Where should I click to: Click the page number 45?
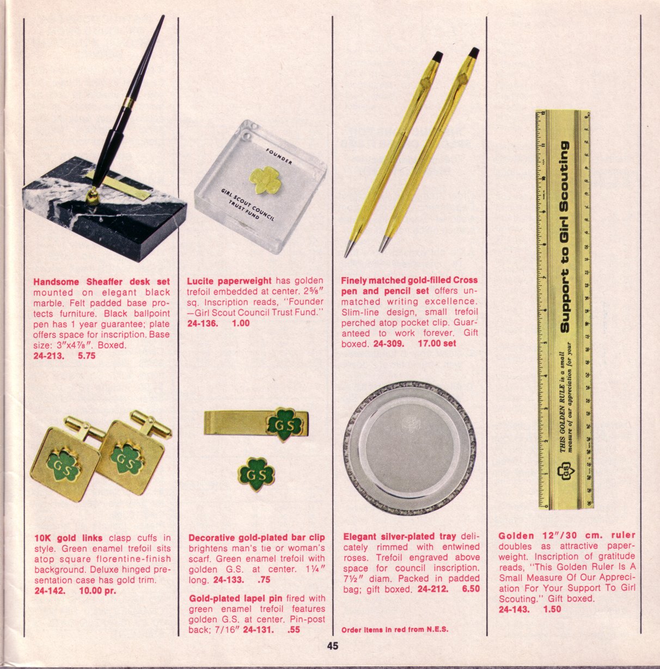[x=332, y=646]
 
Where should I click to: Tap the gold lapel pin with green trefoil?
[x=256, y=474]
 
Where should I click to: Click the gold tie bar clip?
[x=256, y=424]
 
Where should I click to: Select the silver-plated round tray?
[x=410, y=448]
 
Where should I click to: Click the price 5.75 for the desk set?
[x=87, y=356]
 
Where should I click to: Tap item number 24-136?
[x=203, y=323]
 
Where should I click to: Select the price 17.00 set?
[x=437, y=343]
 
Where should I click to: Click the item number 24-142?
[x=50, y=591]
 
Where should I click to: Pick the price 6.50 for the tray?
[x=471, y=589]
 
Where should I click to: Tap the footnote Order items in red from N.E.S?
[x=395, y=629]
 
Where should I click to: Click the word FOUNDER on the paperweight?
[x=279, y=157]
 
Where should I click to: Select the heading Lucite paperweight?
[x=229, y=280]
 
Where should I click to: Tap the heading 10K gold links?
[x=69, y=538]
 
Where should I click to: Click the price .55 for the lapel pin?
[x=294, y=629]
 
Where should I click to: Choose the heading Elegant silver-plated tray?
[x=400, y=536]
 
